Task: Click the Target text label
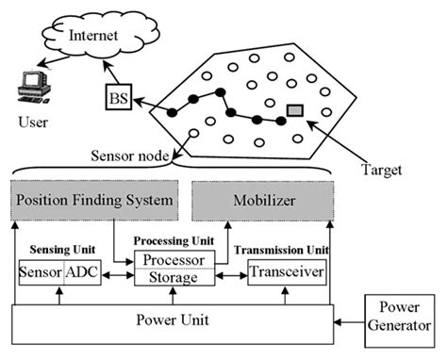coord(381,171)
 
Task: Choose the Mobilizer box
coord(262,201)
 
